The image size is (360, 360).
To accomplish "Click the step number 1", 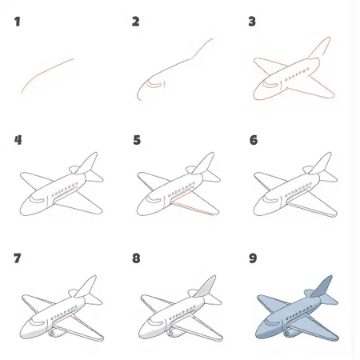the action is pyautogui.click(x=18, y=22).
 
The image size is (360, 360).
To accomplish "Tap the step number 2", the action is pyautogui.click(x=135, y=22).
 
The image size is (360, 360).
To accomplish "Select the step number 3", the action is pyautogui.click(x=252, y=22).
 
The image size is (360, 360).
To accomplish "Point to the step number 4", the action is pyautogui.click(x=18, y=140).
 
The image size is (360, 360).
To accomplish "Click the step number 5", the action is pyautogui.click(x=137, y=140).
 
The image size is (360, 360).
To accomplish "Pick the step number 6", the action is pyautogui.click(x=254, y=140).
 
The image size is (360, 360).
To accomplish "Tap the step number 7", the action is pyautogui.click(x=17, y=258).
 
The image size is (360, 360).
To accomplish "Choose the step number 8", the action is pyautogui.click(x=136, y=258).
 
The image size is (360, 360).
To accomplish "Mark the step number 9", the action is pyautogui.click(x=253, y=258).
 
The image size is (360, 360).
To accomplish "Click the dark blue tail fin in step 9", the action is pyautogui.click(x=322, y=286).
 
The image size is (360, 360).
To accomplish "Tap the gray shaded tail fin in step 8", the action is pyautogui.click(x=206, y=286).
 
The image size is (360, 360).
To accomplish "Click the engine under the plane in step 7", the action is pyautogui.click(x=56, y=333).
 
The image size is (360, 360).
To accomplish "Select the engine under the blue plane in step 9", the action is pyautogui.click(x=291, y=333).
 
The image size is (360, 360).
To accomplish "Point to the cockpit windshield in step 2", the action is pyautogui.click(x=154, y=84).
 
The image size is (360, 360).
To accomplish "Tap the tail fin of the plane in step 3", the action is pyautogui.click(x=320, y=48).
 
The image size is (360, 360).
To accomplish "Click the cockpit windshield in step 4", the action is pyautogui.click(x=37, y=198).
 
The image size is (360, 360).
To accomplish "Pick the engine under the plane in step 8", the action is pyautogui.click(x=174, y=333).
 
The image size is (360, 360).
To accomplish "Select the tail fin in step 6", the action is pyautogui.click(x=321, y=163).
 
